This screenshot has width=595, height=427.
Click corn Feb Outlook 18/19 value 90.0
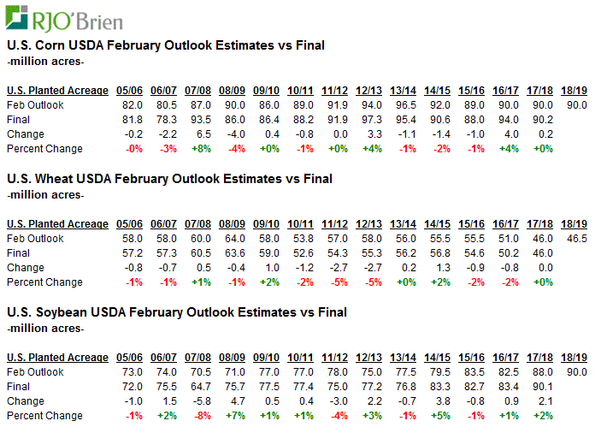(x=576, y=104)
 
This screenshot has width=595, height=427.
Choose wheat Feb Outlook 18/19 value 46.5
(x=576, y=238)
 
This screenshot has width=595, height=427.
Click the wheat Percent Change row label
(x=44, y=282)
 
